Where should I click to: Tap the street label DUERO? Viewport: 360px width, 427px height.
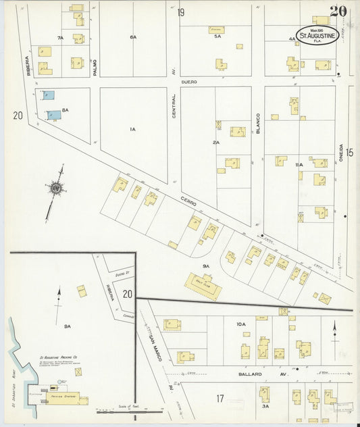(x=188, y=82)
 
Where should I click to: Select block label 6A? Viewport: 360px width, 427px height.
(x=133, y=37)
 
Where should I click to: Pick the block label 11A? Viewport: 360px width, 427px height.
(x=299, y=165)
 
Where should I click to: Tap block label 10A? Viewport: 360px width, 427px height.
(x=240, y=325)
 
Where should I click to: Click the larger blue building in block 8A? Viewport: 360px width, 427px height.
(x=54, y=115)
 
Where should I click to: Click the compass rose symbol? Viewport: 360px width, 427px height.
(x=55, y=186)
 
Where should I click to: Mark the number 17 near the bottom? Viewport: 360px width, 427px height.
(x=220, y=399)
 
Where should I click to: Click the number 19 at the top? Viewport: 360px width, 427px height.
(x=180, y=12)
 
